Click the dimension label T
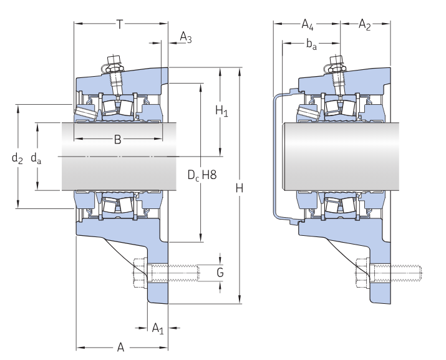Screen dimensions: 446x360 point(120,24)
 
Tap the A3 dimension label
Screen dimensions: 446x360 point(186,37)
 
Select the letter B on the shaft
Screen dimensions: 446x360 point(117,140)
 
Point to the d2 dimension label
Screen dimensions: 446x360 point(17,158)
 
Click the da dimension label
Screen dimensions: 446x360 point(36,158)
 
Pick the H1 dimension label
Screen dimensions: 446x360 point(221,110)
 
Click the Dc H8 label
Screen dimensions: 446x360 point(202,175)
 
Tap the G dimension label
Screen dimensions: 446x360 point(220,273)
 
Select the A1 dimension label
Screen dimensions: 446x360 point(158,328)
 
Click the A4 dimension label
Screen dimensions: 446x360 point(308,24)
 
